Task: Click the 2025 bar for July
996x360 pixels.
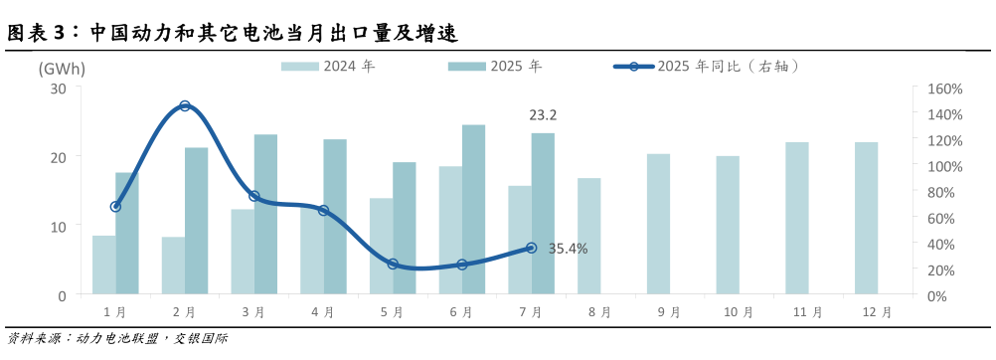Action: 543,214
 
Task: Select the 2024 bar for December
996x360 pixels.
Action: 867,219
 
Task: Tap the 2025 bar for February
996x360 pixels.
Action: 197,221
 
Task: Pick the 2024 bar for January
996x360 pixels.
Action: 102,265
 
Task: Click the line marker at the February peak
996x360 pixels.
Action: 185,105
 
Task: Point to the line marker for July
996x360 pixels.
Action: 531,248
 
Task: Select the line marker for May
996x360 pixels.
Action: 393,264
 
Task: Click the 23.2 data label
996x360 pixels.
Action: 543,115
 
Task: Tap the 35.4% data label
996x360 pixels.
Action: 568,249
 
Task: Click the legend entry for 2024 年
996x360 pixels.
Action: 328,67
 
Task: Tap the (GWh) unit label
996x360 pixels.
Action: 62,69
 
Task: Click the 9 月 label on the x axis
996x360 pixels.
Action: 668,312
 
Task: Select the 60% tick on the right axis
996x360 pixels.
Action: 938,218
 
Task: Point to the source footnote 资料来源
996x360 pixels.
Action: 117,339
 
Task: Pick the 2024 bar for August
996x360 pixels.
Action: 589,237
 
